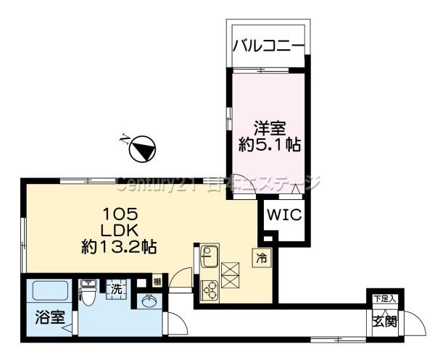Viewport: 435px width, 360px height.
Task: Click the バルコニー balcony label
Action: (268, 46)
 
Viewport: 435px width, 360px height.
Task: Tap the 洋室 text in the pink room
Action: (270, 129)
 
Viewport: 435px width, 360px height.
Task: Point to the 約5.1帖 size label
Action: (270, 145)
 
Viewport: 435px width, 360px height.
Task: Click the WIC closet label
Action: (284, 214)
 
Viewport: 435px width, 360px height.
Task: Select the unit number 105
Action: (120, 214)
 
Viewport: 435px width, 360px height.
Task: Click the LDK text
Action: (120, 230)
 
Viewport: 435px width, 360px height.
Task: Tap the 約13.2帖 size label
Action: (119, 247)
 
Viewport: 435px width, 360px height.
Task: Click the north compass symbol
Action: (142, 148)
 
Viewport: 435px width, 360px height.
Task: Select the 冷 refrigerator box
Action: (261, 258)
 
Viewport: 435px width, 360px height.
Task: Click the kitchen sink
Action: (210, 256)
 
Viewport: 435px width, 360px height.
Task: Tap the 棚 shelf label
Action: (157, 282)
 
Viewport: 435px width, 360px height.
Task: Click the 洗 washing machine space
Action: (117, 289)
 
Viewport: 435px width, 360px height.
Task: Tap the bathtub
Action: (50, 290)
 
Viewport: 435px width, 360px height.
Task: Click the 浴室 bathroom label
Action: (50, 317)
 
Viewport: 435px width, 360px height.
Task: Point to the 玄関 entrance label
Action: (385, 322)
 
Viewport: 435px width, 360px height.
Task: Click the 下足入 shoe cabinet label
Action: (385, 299)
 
